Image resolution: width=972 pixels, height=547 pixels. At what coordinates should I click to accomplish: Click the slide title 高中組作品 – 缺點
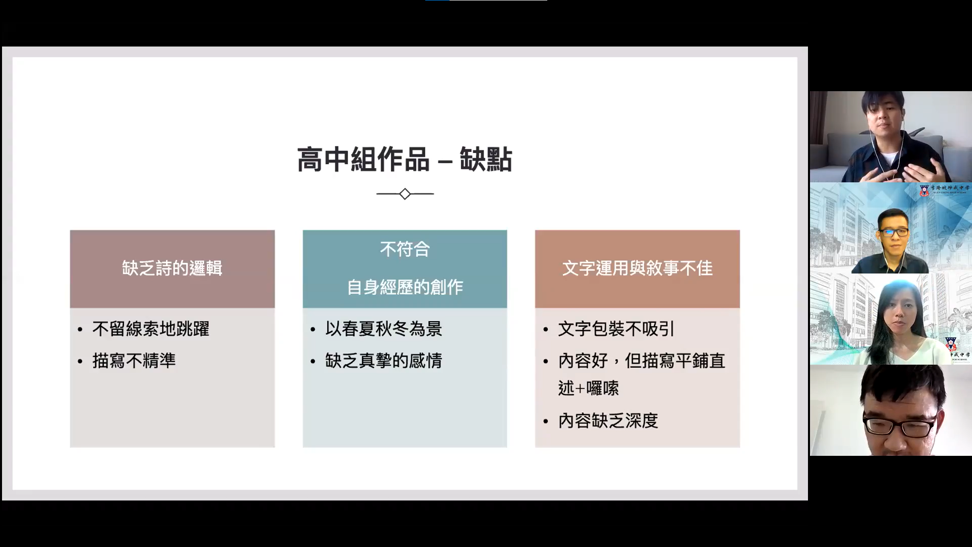pos(404,160)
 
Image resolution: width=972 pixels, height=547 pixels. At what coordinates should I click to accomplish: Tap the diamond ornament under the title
pos(405,194)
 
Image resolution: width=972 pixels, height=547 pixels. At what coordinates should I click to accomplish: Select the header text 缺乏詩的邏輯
pos(172,268)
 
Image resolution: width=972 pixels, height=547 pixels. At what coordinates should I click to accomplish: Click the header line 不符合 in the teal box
pos(405,249)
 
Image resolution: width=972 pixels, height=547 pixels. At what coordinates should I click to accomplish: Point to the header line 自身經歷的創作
pos(405,287)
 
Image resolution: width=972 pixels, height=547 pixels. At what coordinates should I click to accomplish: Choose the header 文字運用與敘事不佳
pos(637,268)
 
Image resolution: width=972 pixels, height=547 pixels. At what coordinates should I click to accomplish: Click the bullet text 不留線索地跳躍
pos(151,329)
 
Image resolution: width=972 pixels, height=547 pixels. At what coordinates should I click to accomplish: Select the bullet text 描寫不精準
pos(134,361)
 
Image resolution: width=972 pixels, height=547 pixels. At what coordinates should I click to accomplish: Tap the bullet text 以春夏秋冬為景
pos(384,329)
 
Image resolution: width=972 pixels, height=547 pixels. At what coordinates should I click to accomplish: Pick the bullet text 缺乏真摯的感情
pos(384,361)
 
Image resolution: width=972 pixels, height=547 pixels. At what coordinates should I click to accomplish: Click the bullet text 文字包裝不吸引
pos(616,329)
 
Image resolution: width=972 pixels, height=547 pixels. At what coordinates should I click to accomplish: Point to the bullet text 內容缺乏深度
pos(608,420)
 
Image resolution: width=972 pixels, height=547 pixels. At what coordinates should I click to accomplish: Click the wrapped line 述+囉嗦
pos(588,388)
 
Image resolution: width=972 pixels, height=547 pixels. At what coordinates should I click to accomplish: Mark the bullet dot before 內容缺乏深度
pos(546,421)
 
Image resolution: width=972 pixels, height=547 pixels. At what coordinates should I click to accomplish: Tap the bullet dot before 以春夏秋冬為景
pos(313,330)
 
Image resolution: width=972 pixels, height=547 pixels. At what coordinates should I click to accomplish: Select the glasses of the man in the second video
pos(895,232)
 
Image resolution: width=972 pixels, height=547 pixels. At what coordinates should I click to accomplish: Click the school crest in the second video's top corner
pos(924,190)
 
